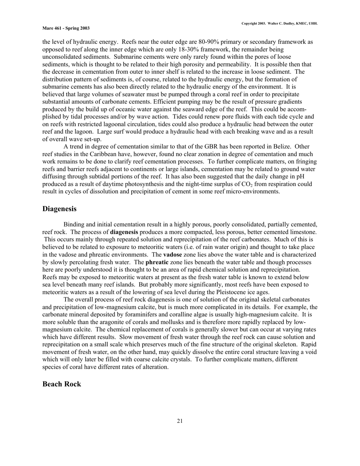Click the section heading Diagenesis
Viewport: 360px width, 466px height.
[x=59, y=209]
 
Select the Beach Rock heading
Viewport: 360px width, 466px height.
[x=62, y=384]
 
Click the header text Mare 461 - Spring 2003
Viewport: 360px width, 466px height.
[x=66, y=28]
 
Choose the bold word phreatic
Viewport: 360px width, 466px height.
[x=157, y=262]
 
